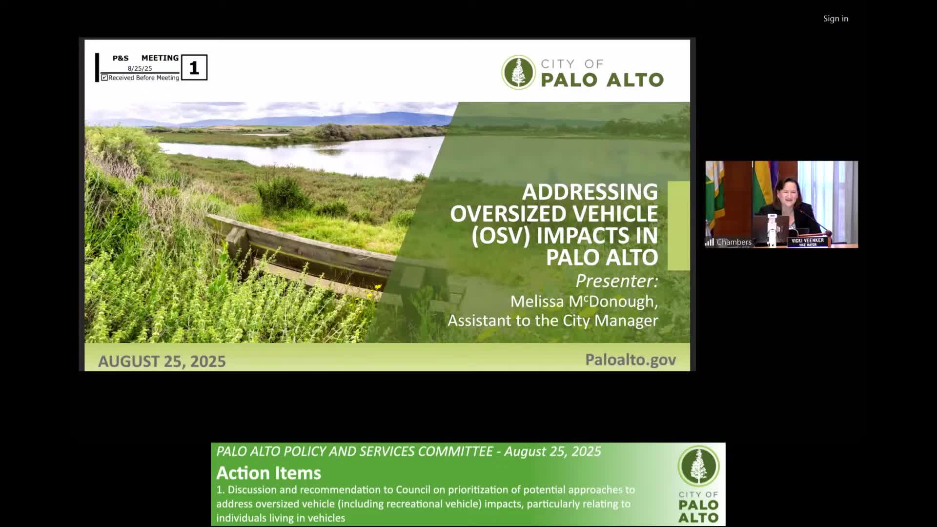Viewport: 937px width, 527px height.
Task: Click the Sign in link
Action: pos(835,19)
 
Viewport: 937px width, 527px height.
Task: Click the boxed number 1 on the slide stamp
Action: pos(194,67)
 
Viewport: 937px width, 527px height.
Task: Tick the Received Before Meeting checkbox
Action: pos(104,78)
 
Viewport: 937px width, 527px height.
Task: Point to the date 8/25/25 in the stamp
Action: pos(140,69)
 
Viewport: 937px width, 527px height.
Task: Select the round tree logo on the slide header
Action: pos(518,72)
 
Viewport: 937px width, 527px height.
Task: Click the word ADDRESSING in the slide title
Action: pos(590,192)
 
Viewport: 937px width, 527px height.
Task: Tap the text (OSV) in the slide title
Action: pos(501,236)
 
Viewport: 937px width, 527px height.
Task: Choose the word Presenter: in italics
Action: pos(617,281)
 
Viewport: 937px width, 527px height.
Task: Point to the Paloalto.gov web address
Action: pos(631,360)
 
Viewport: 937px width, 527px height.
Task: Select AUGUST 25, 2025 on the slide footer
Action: pos(162,361)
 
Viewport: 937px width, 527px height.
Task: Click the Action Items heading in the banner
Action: pos(269,473)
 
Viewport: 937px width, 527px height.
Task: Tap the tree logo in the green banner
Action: pos(698,466)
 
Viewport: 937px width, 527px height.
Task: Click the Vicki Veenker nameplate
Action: pos(808,242)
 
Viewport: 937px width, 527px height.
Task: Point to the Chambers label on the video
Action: pos(734,242)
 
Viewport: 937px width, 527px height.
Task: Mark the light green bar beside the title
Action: pos(678,225)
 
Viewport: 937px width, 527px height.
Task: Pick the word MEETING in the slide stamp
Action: pos(160,58)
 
